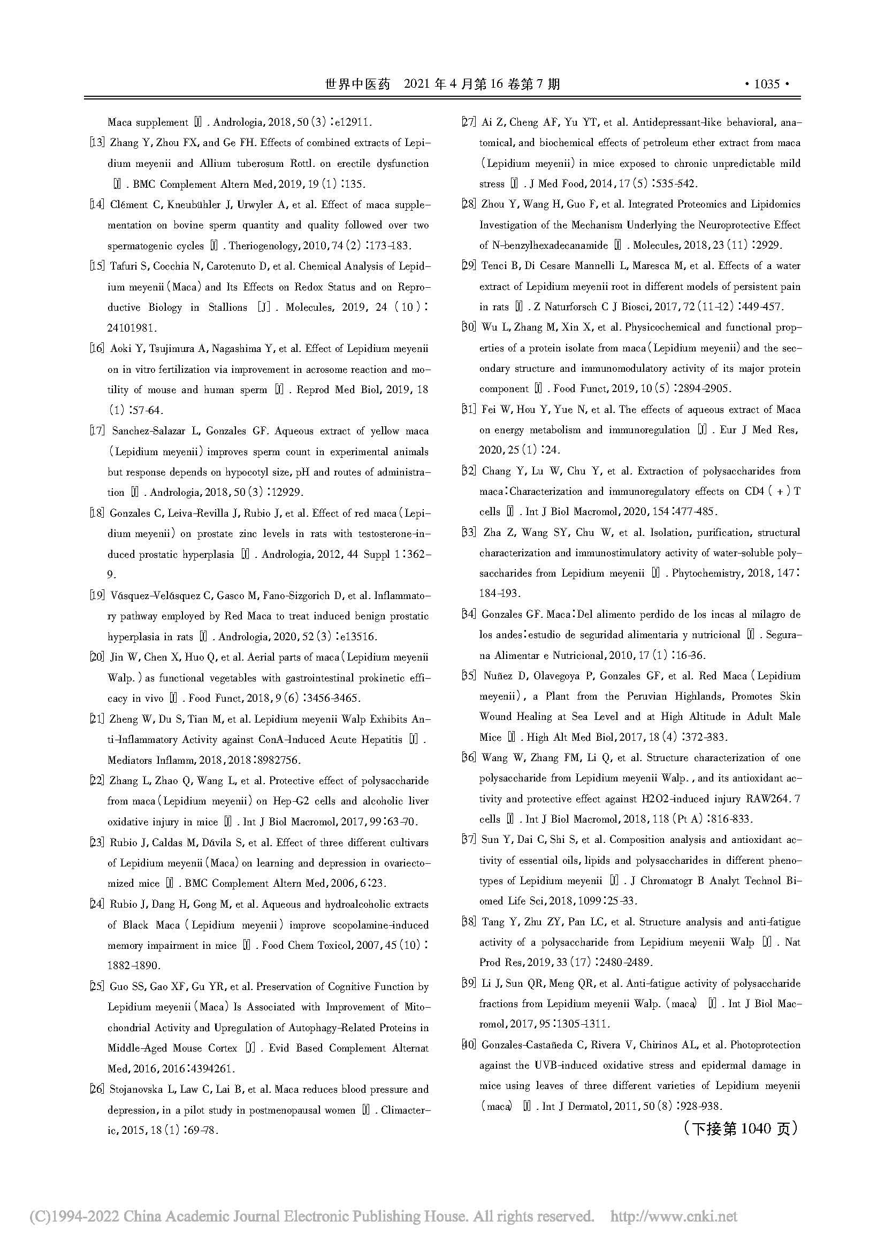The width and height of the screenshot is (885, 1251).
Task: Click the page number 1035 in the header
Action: [x=767, y=84]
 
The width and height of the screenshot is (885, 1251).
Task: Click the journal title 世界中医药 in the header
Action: [x=358, y=84]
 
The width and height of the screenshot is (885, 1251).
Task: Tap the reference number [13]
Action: [x=97, y=143]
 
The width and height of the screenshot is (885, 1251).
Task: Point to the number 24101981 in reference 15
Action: [x=132, y=328]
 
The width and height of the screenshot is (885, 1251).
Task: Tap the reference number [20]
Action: [x=97, y=658]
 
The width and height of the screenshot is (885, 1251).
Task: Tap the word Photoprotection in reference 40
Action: [x=765, y=1045]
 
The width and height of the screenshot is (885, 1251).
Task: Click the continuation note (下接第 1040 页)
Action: [x=739, y=1129]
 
